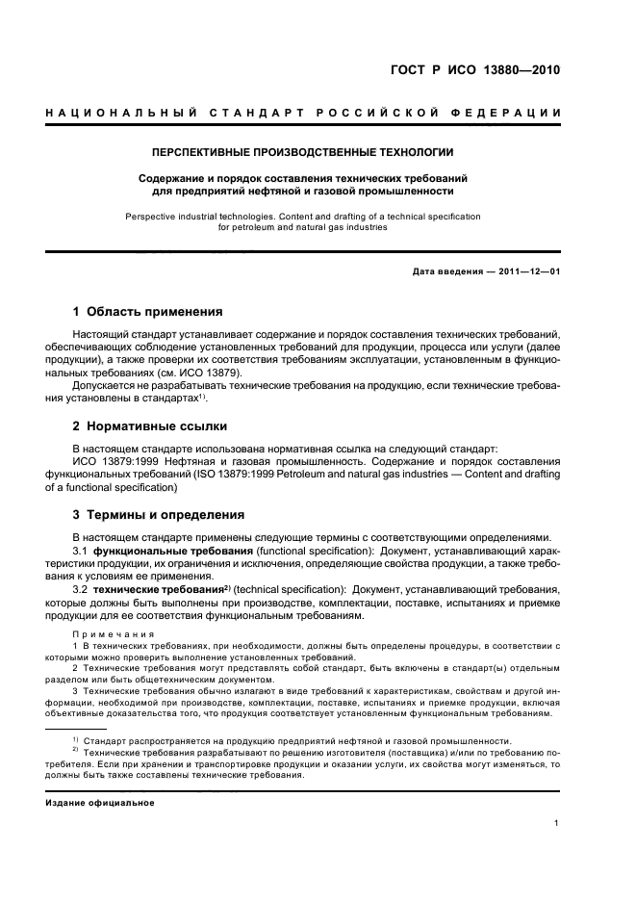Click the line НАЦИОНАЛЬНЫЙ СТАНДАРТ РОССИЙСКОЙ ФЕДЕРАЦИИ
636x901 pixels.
point(303,114)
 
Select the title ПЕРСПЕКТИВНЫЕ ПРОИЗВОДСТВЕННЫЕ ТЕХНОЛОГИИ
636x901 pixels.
point(303,152)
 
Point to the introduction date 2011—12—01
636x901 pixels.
point(526,271)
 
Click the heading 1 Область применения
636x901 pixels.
point(148,312)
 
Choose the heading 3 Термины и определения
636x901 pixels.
point(159,515)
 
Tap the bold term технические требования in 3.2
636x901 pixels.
point(176,588)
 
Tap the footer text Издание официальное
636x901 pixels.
point(100,802)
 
